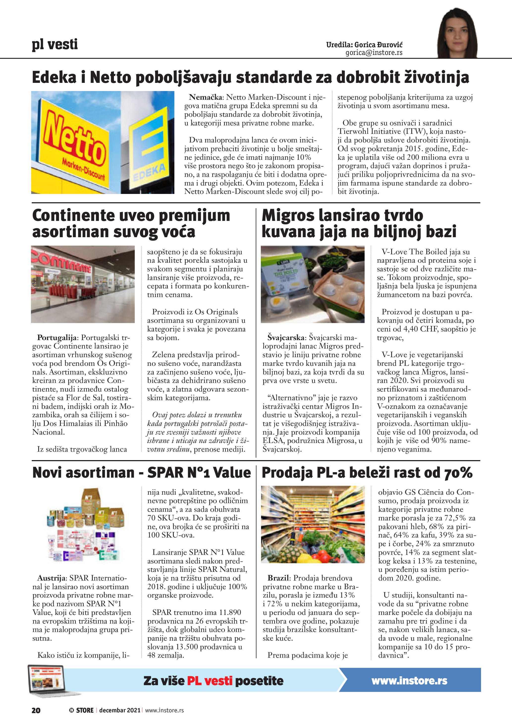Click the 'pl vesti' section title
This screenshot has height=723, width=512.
[54, 45]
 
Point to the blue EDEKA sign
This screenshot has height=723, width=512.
[148, 148]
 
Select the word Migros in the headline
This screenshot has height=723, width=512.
[288, 216]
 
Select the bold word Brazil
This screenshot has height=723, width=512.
[278, 578]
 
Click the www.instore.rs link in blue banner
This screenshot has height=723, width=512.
[409, 681]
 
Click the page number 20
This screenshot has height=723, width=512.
[36, 710]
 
